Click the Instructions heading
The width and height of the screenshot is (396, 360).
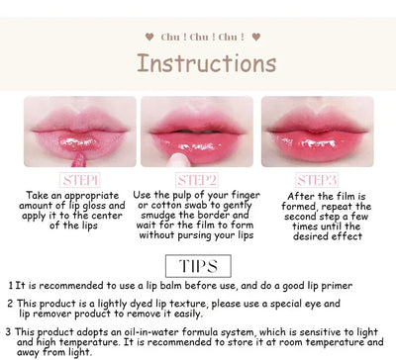point(206,63)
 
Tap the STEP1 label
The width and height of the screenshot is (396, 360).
point(80,181)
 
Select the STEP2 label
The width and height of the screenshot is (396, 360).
point(198,181)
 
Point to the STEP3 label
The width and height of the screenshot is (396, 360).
point(317,181)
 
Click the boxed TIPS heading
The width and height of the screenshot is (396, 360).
point(198,265)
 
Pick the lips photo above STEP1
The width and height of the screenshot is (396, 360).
point(80,132)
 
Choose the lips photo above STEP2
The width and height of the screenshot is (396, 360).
point(198,132)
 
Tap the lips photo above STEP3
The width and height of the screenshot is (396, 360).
point(317,132)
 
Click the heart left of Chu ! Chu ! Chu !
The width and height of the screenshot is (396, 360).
point(149,37)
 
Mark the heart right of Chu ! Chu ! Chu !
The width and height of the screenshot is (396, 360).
point(255,37)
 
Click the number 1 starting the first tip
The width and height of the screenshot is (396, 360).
point(10,286)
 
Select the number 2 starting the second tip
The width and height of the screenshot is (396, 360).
point(10,305)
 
